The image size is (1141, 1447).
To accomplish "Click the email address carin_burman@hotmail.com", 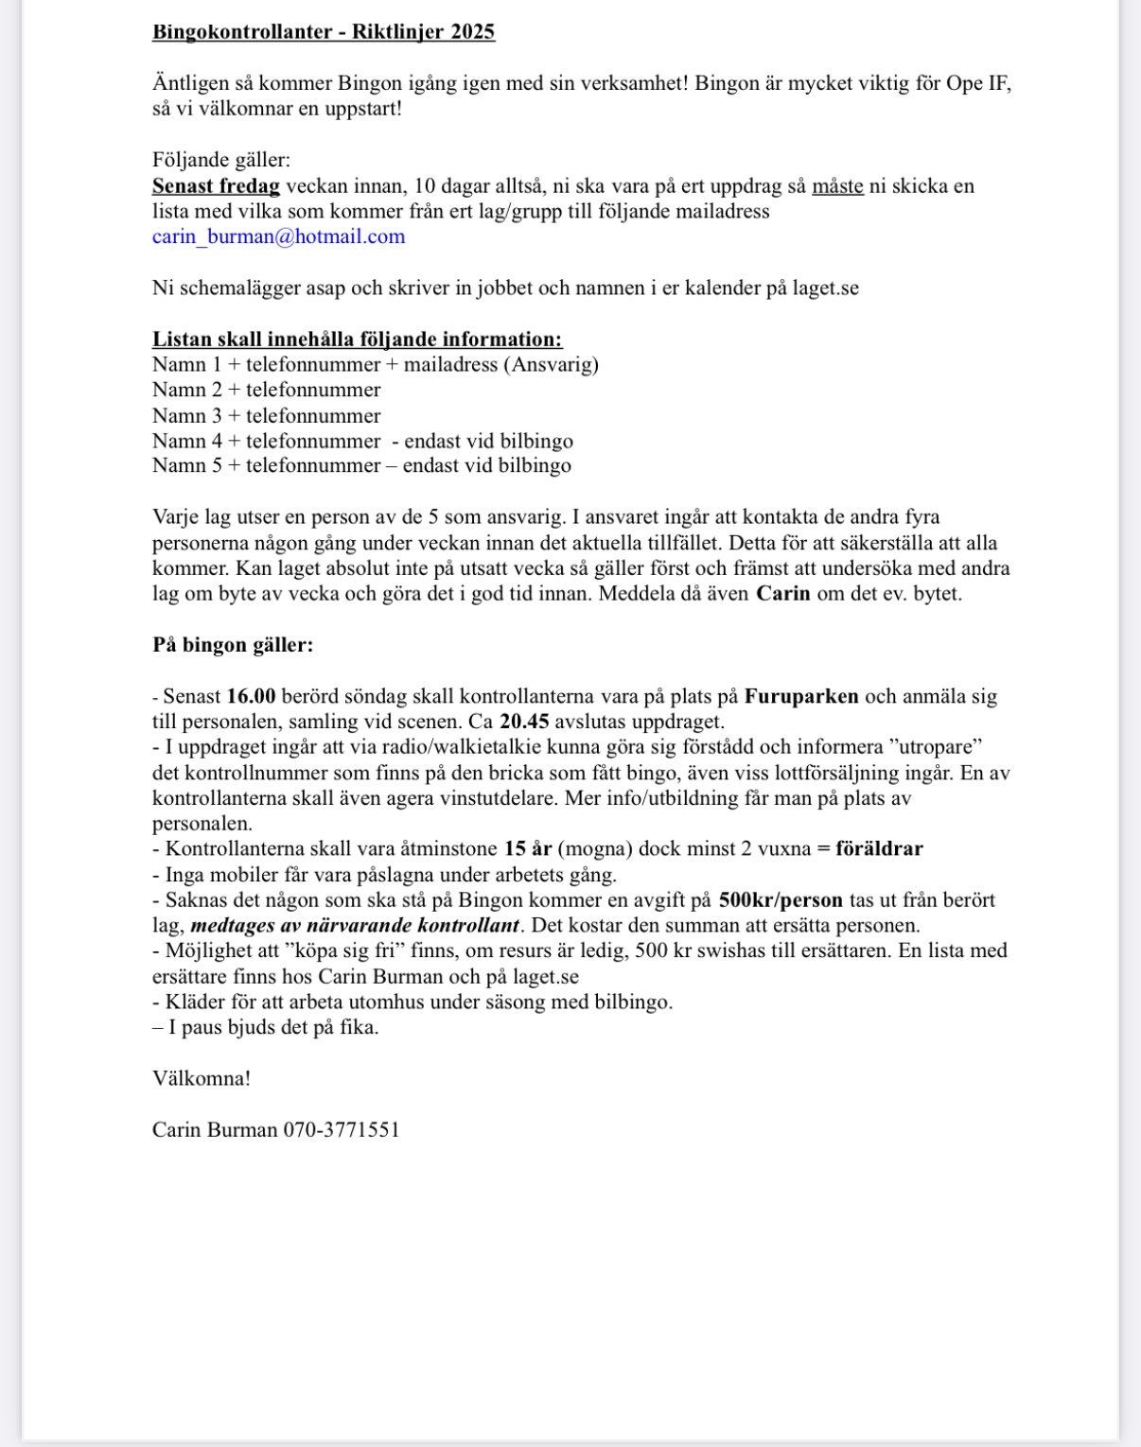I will [278, 236].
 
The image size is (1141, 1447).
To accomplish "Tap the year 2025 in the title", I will [472, 32].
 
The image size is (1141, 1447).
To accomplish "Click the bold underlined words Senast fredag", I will [216, 186].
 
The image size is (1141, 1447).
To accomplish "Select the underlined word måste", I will [837, 186].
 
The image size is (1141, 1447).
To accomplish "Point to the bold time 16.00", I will [251, 697].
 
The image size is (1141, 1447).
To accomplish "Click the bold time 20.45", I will [524, 723].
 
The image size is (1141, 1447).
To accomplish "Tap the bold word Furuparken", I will [801, 697].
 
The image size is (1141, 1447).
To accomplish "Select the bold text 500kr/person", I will [781, 900].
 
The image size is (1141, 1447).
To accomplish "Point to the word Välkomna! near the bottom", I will [202, 1078].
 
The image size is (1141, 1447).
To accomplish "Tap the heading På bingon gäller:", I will [233, 645].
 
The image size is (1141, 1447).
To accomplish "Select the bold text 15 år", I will [528, 849].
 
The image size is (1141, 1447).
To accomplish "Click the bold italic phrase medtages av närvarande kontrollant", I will [355, 926].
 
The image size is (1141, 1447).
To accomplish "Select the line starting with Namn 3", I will [266, 416].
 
